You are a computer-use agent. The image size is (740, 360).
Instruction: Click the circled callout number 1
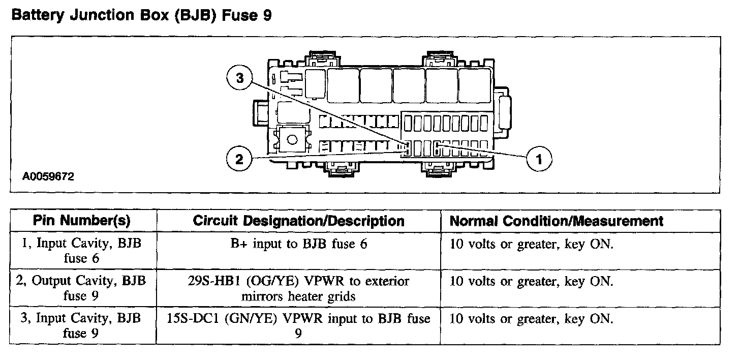[x=539, y=159]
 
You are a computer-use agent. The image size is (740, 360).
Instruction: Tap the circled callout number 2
[x=239, y=159]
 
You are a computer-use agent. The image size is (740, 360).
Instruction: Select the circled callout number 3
[x=239, y=78]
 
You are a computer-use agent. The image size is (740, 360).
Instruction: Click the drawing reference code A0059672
[x=48, y=176]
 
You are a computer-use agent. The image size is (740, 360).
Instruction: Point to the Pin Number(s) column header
[x=82, y=221]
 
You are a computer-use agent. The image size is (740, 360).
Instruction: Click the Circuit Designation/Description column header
[x=299, y=221]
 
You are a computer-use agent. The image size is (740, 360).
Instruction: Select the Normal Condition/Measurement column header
[x=557, y=221]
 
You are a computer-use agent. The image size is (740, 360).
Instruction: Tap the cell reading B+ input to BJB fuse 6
[x=299, y=244]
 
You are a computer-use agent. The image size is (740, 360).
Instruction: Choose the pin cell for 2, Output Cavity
[x=81, y=288]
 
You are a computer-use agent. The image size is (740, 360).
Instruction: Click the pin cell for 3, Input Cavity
[x=81, y=325]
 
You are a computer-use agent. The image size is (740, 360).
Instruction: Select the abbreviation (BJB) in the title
[x=195, y=15]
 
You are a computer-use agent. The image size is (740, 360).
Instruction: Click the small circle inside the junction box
[x=292, y=140]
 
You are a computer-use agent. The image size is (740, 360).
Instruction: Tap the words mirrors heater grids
[x=298, y=296]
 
